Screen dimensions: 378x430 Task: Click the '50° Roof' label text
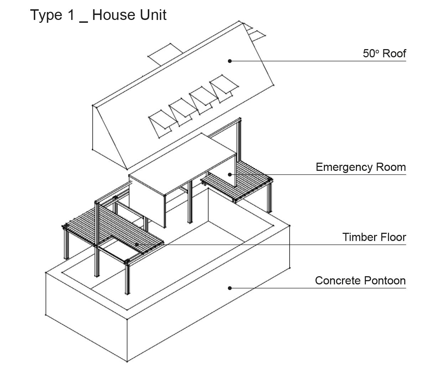pos(384,53)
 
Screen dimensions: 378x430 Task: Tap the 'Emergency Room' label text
pos(361,167)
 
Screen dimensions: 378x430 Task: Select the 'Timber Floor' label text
pos(374,237)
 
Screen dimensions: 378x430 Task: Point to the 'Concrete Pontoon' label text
pos(360,280)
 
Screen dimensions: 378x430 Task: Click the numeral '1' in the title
pos(70,15)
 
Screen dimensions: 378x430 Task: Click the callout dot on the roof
pos(230,61)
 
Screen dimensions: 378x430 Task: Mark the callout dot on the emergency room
pos(230,174)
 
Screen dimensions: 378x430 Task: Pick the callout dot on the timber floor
pos(137,245)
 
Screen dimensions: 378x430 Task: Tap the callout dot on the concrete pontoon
pos(230,288)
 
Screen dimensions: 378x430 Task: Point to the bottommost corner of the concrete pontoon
pos(127,362)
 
